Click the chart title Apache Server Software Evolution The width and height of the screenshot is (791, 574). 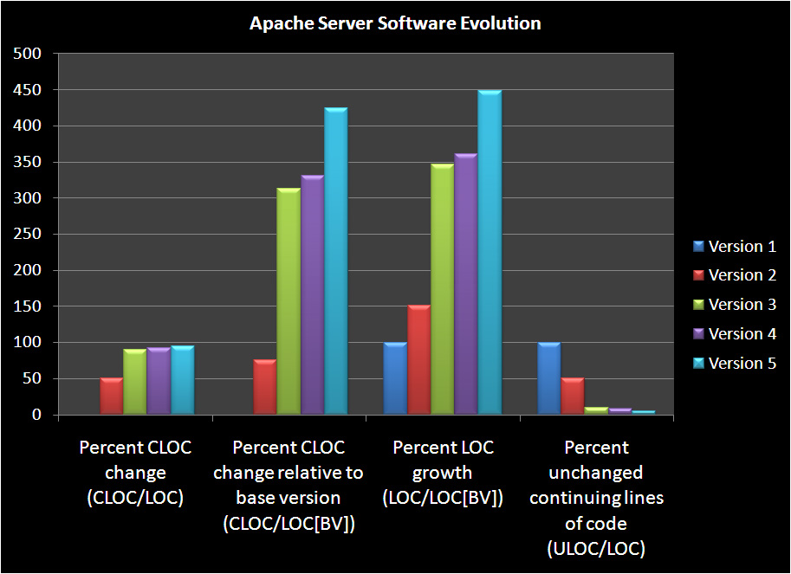[x=395, y=23]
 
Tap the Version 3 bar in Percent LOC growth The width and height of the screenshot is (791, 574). [x=442, y=289]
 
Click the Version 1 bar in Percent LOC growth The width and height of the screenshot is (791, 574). [x=395, y=379]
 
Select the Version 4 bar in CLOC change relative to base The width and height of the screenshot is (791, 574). [x=312, y=295]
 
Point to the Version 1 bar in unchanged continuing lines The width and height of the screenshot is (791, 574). [x=548, y=379]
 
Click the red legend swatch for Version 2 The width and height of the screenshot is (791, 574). [x=698, y=276]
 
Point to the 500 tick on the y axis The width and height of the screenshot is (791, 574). [x=30, y=54]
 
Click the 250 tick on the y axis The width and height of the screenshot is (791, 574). [x=30, y=235]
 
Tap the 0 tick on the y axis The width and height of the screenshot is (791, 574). [x=37, y=416]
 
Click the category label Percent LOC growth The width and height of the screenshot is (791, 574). [x=443, y=461]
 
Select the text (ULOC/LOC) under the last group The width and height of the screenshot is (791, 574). [x=596, y=548]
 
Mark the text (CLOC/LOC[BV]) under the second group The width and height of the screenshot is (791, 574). [x=289, y=523]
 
